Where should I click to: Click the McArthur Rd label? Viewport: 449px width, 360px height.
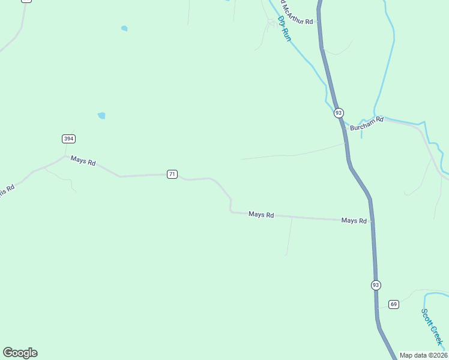(296, 22)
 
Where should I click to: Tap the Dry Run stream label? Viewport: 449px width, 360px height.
(285, 28)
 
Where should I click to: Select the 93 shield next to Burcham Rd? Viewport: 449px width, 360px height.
(339, 113)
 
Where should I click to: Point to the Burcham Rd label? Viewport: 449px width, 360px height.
(367, 127)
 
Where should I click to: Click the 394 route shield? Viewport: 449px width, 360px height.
(68, 139)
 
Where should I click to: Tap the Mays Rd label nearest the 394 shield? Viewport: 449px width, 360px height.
(83, 161)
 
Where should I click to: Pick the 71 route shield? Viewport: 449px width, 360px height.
(172, 174)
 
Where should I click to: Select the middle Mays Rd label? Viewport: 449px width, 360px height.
(261, 214)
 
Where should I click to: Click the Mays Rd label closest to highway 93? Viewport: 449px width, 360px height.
(354, 221)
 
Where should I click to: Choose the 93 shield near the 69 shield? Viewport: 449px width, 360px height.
(376, 284)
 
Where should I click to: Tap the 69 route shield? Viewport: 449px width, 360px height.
(393, 304)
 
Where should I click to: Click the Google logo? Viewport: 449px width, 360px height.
(20, 353)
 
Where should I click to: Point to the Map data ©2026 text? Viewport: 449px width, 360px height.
(424, 355)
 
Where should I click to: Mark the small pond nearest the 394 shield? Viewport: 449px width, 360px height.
(101, 115)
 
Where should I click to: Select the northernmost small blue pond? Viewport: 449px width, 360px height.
(124, 28)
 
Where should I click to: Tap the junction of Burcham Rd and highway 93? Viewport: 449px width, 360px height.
(345, 128)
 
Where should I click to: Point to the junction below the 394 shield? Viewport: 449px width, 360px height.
(65, 156)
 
